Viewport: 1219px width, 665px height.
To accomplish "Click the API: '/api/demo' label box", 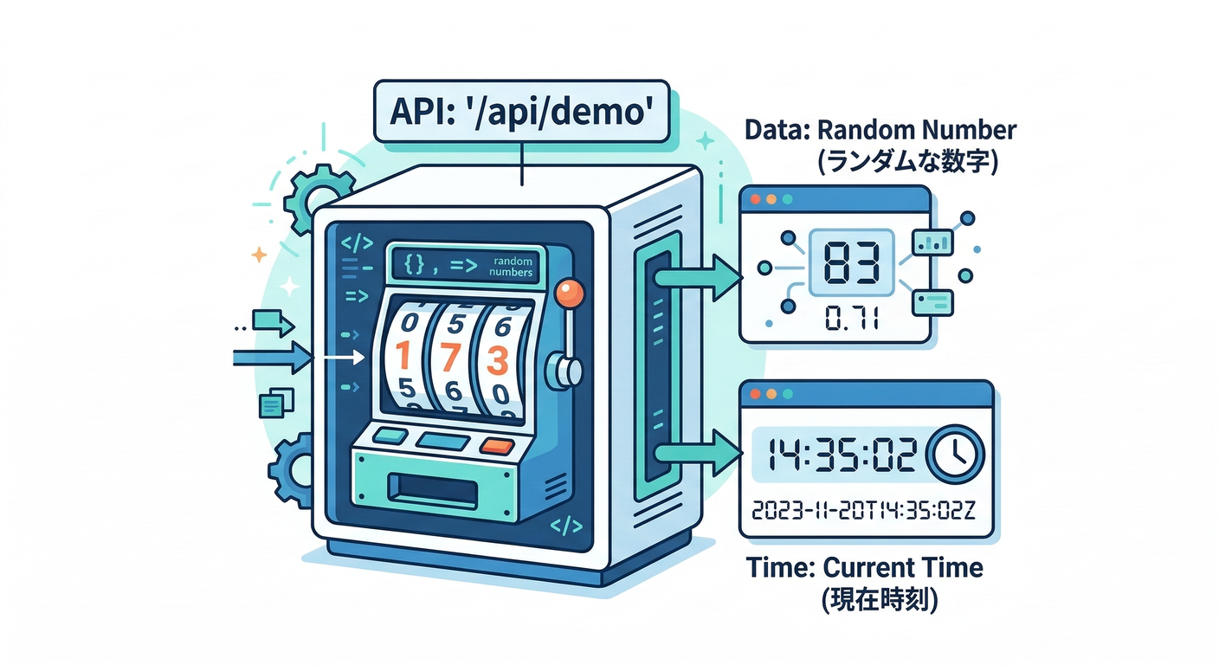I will pos(521,112).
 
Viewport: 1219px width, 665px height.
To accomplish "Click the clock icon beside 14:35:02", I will pos(955,454).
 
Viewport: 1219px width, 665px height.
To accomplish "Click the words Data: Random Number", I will pos(880,132).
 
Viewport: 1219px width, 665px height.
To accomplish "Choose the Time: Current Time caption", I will pos(864,568).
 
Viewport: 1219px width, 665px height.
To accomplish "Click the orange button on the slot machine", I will pos(496,445).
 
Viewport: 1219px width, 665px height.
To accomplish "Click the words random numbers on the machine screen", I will pos(510,266).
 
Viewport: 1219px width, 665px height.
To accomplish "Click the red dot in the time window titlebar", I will pos(754,395).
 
